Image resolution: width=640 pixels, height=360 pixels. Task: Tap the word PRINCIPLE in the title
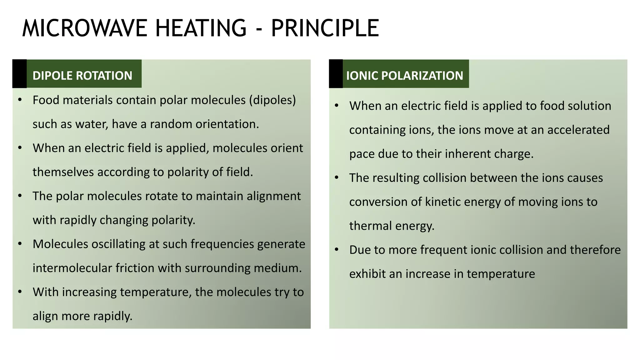[325, 28]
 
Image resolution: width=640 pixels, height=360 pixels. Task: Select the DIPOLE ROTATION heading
[82, 76]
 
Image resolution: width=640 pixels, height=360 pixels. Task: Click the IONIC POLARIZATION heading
[405, 76]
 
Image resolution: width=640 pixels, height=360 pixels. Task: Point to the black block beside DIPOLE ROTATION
[19, 74]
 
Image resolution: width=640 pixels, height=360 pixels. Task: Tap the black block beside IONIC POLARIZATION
[336, 74]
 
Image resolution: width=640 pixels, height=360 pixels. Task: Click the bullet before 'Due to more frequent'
[337, 250]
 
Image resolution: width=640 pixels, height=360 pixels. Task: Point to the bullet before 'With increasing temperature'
[20, 292]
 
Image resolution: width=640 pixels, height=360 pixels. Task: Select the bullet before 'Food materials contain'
[20, 100]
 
